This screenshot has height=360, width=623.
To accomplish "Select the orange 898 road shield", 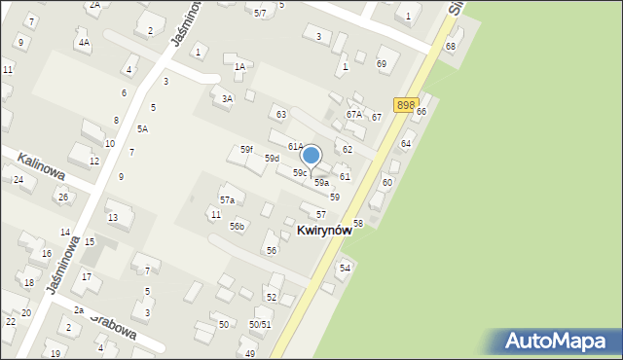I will (x=405, y=104).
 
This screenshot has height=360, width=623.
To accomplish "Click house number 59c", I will (x=300, y=172).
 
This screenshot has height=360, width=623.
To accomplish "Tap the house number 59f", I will (x=247, y=150).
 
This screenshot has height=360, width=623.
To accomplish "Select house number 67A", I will (x=353, y=114).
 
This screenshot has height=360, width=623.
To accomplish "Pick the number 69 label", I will (x=382, y=63).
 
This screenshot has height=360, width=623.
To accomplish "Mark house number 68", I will (x=450, y=47).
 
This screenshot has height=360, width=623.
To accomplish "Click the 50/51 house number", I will (x=259, y=324).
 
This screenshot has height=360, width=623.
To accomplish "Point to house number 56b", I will (x=237, y=226).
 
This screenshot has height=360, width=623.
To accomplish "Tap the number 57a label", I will (x=227, y=199).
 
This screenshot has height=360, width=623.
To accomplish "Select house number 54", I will (x=345, y=268).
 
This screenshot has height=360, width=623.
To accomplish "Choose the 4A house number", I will (x=85, y=43).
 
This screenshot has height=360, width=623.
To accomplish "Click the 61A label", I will (x=295, y=146).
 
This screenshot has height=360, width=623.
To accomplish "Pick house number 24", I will (x=18, y=180).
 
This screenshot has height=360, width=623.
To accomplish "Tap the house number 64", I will (x=406, y=143).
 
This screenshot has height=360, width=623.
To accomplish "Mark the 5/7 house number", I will (x=260, y=13).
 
